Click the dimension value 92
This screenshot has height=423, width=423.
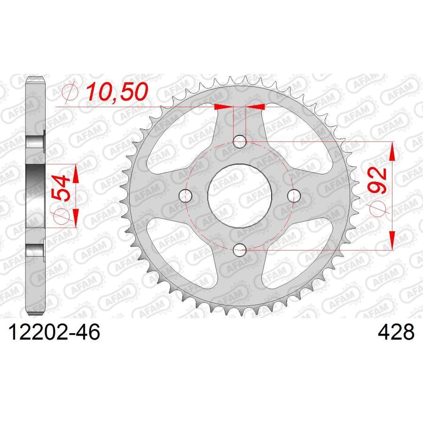[x=377, y=180]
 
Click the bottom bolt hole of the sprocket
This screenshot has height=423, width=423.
[x=240, y=250]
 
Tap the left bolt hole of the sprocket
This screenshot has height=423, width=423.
[x=186, y=195]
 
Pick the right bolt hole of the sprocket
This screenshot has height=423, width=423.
[x=295, y=195]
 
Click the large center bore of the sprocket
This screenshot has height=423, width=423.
[x=240, y=195]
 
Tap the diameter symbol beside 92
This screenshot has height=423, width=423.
[x=378, y=210]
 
